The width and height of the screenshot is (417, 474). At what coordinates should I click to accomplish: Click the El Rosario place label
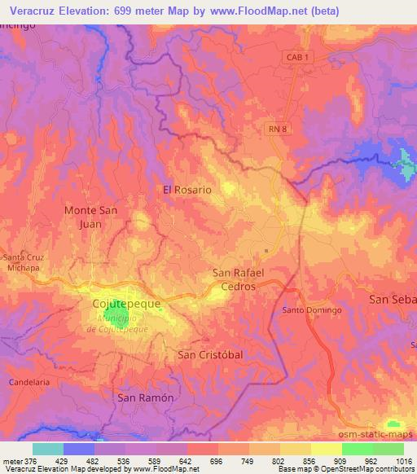187,189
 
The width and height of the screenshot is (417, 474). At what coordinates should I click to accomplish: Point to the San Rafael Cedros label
234,280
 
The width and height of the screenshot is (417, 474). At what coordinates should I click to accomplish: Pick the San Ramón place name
146,397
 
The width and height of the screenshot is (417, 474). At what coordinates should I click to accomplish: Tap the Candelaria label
24,381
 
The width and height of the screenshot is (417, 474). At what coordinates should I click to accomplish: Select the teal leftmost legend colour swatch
48,449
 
